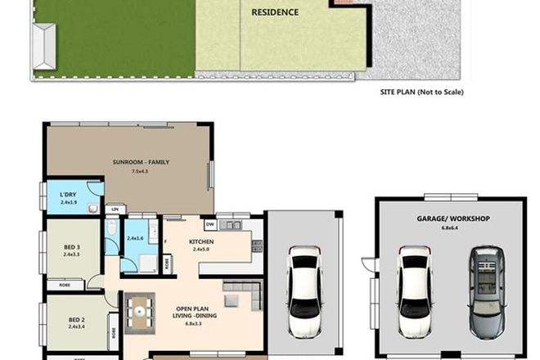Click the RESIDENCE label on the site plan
click(274, 12)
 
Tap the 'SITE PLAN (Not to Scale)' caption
click(422, 92)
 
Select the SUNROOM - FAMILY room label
click(142, 162)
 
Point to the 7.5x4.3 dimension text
click(142, 172)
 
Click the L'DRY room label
click(68, 194)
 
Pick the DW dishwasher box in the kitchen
click(210, 223)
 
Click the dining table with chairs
click(140, 313)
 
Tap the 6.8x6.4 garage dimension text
click(449, 228)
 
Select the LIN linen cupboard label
click(115, 210)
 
